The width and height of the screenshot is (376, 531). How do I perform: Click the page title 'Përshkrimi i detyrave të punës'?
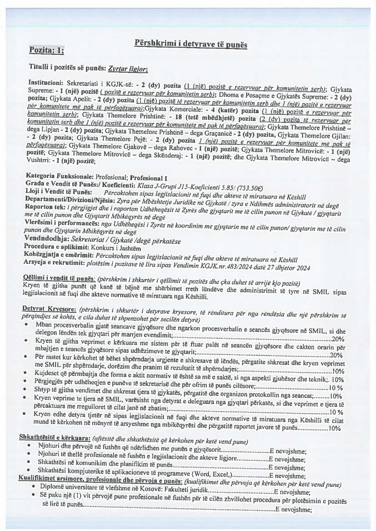[191, 44]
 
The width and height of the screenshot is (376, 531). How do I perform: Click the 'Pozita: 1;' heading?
[47, 51]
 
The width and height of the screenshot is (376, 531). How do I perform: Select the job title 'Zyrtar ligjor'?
[127, 68]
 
